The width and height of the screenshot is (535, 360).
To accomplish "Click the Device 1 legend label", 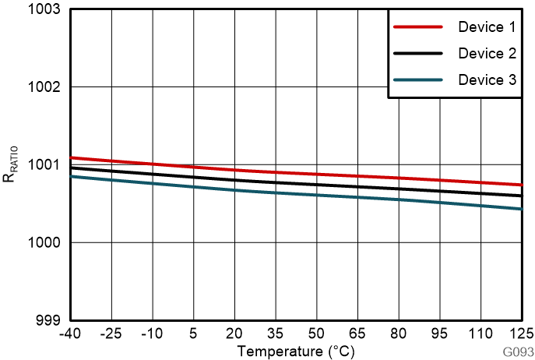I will coord(487,27).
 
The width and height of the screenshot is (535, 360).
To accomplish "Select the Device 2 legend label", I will coord(487,54).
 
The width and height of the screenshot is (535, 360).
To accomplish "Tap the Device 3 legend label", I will coord(487,80).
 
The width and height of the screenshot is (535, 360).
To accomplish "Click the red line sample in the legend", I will coord(418,27).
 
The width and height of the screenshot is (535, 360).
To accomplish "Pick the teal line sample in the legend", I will coord(418,80).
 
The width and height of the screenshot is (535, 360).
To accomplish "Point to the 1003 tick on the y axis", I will coord(46,9).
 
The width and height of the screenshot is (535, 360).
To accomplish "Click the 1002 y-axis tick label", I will coord(46,86).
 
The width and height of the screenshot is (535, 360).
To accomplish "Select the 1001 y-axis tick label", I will coord(46,164).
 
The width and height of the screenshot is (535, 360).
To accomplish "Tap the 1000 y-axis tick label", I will coord(46,242).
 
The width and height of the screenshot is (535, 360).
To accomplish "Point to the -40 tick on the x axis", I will coord(71,333).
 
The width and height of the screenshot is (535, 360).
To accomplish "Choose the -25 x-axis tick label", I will coord(111,333).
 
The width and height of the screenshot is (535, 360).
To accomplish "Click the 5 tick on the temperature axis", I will coord(194,333).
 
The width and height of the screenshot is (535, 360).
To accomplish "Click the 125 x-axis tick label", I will coord(520,333).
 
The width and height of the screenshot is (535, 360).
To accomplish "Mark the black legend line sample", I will coord(418,54).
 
